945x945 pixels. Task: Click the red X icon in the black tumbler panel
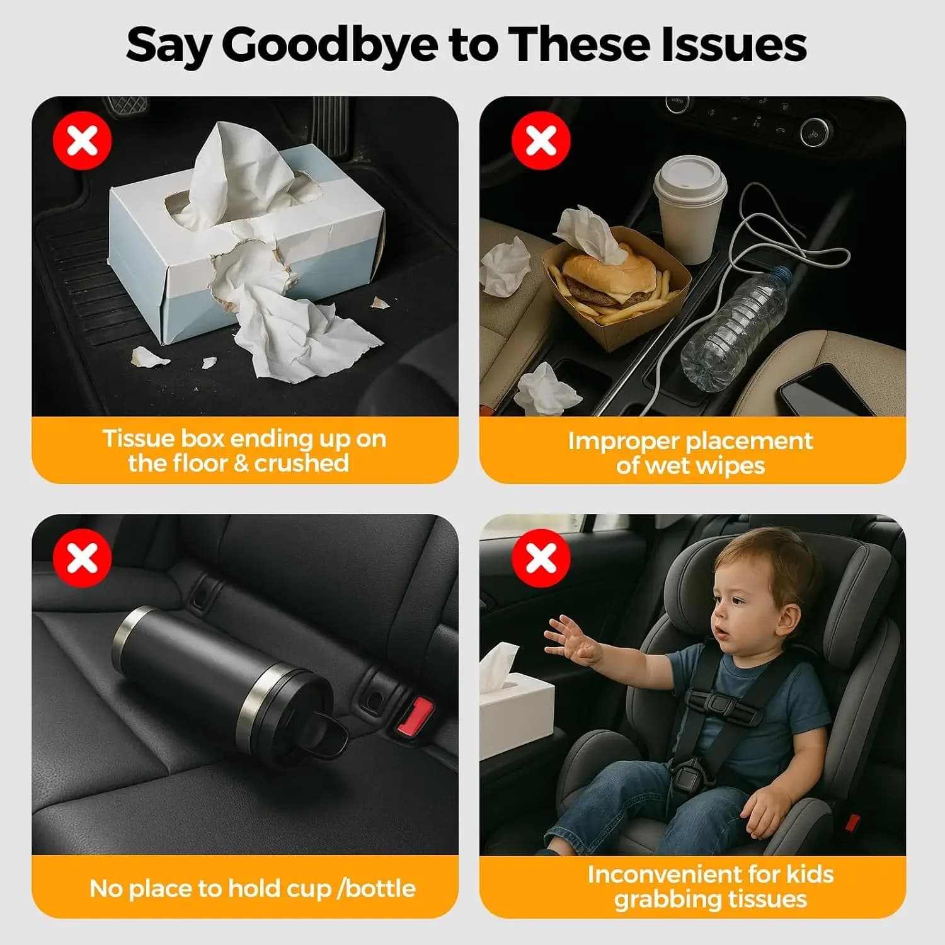point(83,558)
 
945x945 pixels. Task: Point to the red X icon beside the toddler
point(541,558)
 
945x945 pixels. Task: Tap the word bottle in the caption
point(381,888)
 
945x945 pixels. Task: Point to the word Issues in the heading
point(734,44)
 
